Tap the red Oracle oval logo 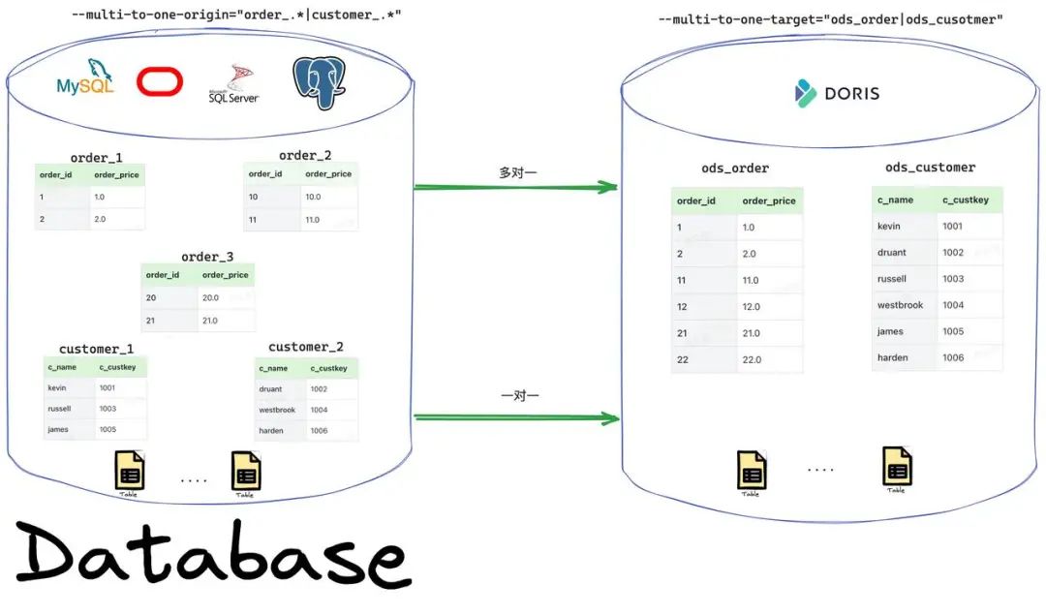(x=160, y=82)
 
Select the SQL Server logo (x=233, y=85)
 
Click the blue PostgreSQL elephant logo (x=319, y=82)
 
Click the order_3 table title (x=207, y=257)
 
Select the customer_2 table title (x=306, y=347)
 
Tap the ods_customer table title (x=930, y=168)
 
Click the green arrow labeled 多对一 (x=516, y=187)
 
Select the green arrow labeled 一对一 (x=516, y=418)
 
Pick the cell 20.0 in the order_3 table (x=213, y=298)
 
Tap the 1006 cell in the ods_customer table (x=953, y=357)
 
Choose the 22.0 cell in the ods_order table (x=753, y=359)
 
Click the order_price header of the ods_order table (x=768, y=201)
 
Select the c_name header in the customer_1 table (x=62, y=368)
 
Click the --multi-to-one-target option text (x=828, y=19)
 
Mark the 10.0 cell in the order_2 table (x=313, y=197)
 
